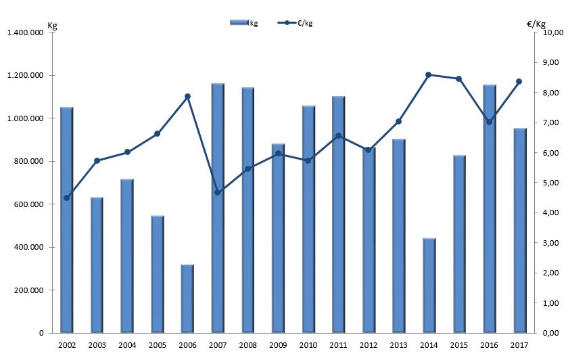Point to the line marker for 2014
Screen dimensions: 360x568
point(429,75)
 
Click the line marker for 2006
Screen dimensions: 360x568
point(187,96)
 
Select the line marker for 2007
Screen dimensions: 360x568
point(217,193)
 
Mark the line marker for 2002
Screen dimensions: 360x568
point(66,198)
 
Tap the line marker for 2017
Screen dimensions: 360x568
point(519,81)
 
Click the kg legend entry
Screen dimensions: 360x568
point(243,23)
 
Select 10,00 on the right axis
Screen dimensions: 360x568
point(549,32)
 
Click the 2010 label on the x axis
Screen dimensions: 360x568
point(308,346)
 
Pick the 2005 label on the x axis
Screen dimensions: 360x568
point(157,346)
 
